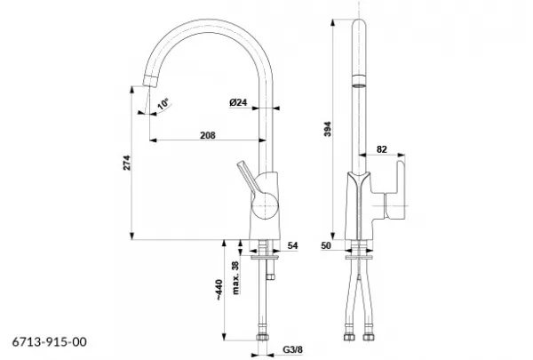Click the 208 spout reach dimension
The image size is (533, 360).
pos(208,135)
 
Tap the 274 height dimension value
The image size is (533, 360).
pos(126,163)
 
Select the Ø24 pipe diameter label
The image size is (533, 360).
pos(238,102)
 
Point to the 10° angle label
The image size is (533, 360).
pos(163,104)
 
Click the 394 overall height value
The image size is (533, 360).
pos(327,129)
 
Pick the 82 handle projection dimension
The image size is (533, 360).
pos(382,149)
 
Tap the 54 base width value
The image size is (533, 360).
pos(292,245)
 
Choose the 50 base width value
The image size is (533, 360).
pos(326,245)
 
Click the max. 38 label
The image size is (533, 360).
pos(235,277)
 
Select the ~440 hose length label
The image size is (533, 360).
pos(219,290)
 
